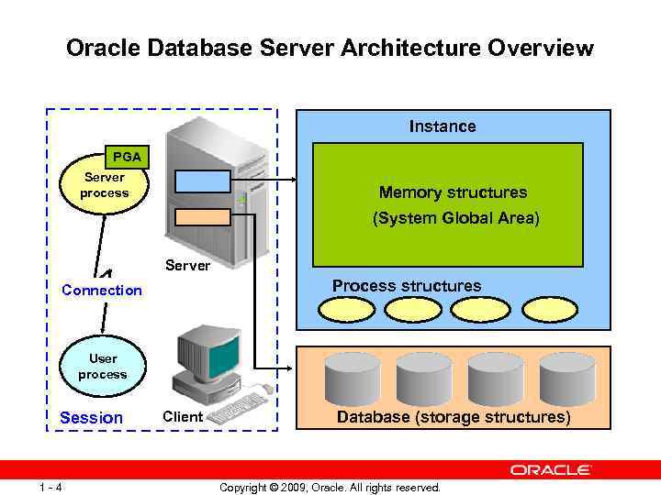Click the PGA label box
click(x=126, y=157)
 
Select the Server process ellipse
click(x=104, y=187)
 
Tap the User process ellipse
click(x=103, y=367)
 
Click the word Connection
click(x=102, y=291)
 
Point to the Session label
click(x=91, y=418)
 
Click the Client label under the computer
click(x=182, y=417)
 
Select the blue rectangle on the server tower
click(x=203, y=181)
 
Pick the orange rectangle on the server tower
click(x=203, y=217)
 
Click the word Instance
click(x=443, y=126)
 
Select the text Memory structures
click(x=453, y=192)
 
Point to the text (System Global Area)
click(x=455, y=219)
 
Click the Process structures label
click(x=407, y=286)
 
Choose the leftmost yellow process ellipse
click(x=346, y=310)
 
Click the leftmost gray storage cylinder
click(x=353, y=376)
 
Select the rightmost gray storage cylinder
click(x=567, y=376)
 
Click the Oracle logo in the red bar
click(x=551, y=469)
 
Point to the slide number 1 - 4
click(x=50, y=487)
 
